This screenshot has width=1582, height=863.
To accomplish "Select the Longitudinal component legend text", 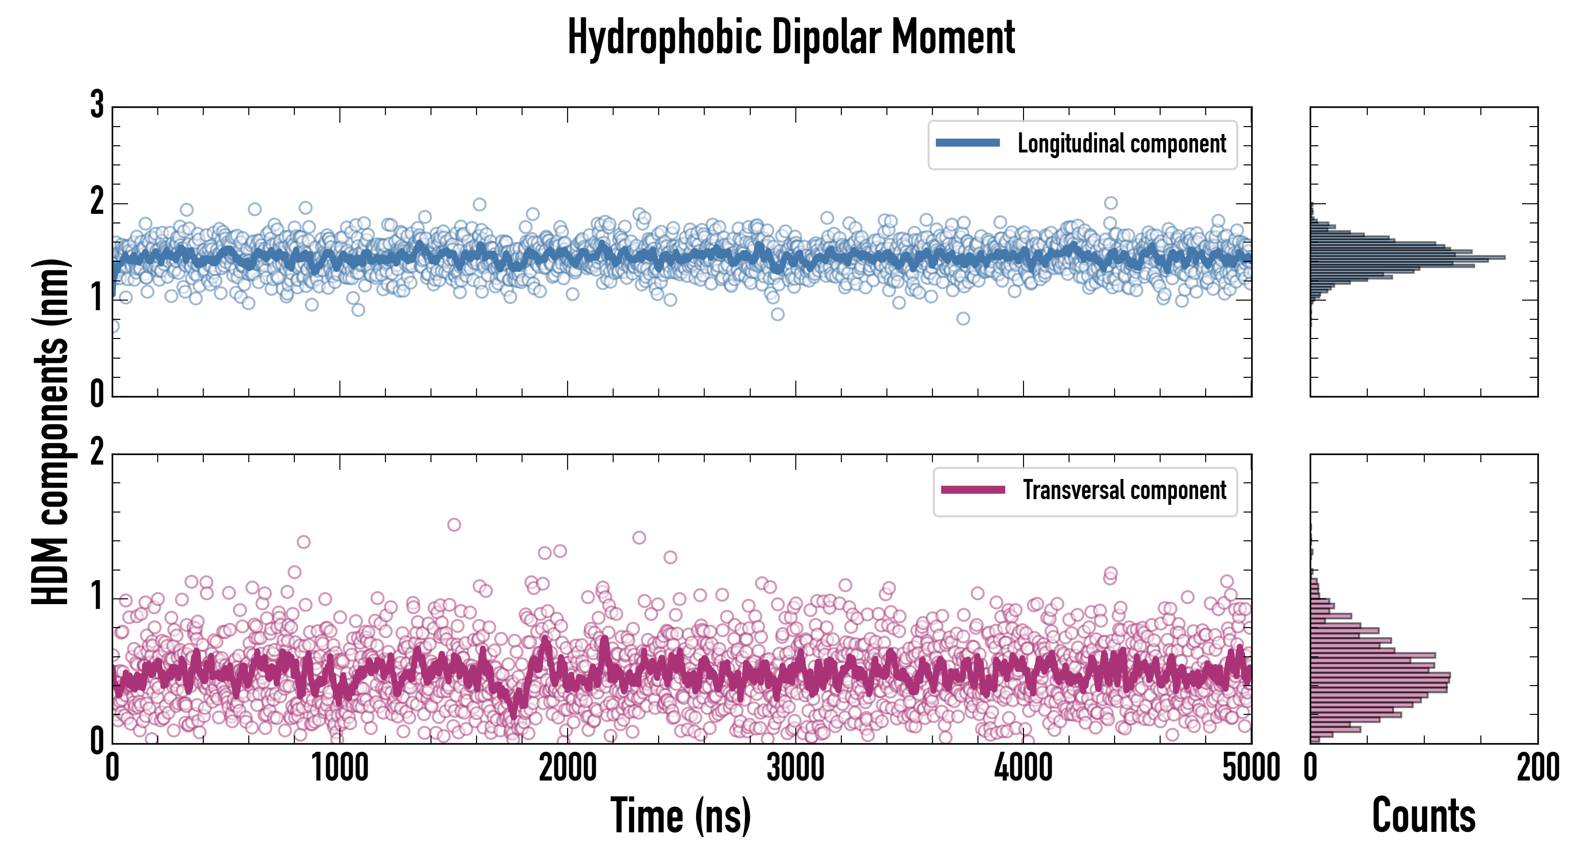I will (1121, 144).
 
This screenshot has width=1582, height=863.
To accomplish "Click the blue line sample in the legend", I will (967, 143).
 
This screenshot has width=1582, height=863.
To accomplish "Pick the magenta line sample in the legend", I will (973, 490).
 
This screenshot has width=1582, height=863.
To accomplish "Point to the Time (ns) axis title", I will (680, 816).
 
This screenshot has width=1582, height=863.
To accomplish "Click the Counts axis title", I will (1423, 816).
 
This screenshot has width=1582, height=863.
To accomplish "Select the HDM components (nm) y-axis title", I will (50, 432).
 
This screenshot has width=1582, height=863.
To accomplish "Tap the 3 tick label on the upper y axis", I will (97, 105).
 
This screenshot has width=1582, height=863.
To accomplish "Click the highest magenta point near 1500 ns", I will (454, 525).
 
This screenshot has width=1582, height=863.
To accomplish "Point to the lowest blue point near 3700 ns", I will (963, 318).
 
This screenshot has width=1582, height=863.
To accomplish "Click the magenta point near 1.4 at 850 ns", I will (303, 542).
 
